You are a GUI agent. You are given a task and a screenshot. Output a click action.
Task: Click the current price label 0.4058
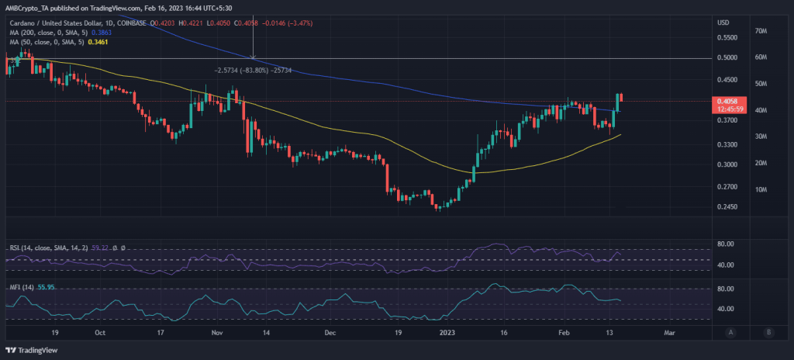tap(727, 101)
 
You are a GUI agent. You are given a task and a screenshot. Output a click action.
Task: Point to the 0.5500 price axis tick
tap(727, 37)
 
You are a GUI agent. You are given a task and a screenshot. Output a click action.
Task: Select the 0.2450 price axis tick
tap(727, 207)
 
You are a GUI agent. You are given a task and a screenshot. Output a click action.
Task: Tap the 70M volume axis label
tap(761, 31)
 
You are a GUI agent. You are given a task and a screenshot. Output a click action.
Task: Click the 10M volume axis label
tap(761, 190)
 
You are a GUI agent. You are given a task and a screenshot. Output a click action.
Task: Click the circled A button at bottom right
tap(730, 332)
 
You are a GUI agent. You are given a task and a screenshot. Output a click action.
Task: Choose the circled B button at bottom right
tap(768, 332)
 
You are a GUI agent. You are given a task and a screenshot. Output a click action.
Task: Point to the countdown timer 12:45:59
tap(727, 109)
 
